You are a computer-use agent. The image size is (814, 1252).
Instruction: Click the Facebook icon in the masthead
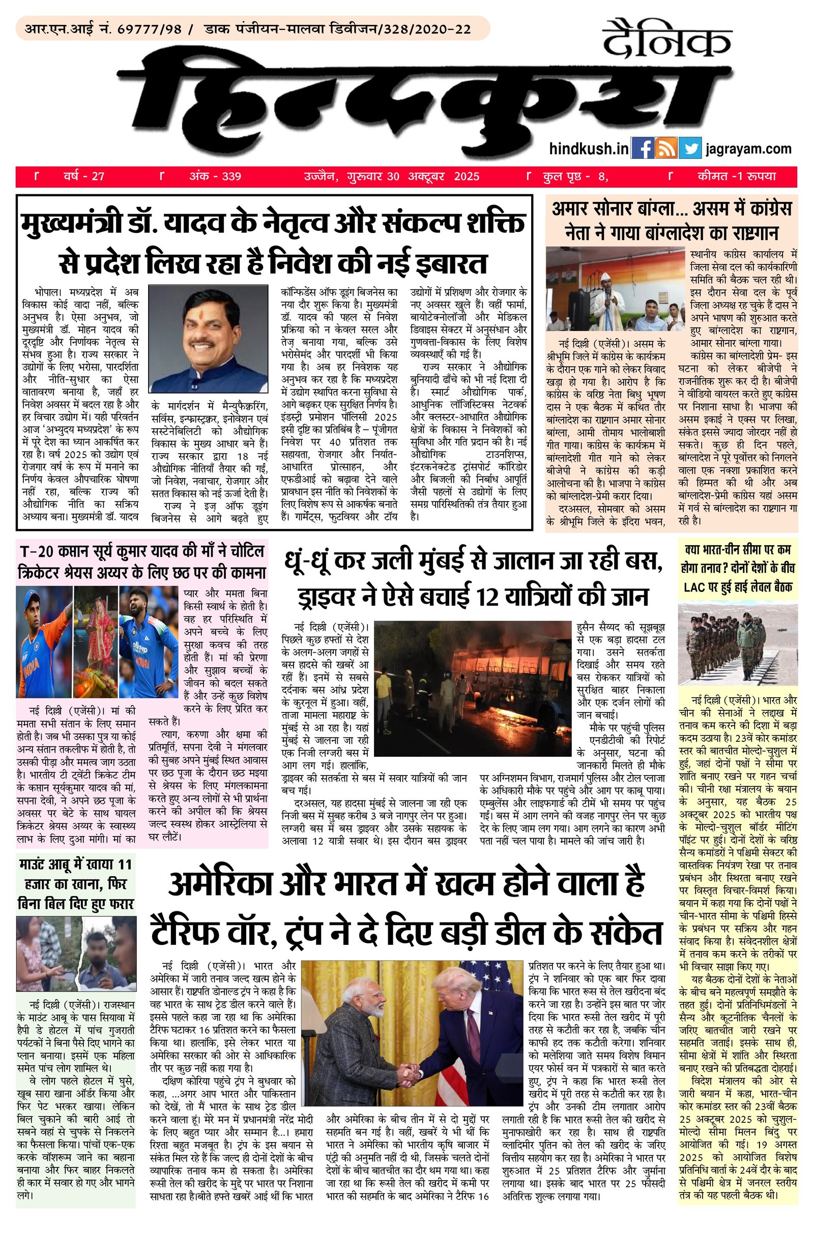coord(642,148)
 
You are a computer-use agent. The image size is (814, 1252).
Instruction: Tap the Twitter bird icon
coord(690,148)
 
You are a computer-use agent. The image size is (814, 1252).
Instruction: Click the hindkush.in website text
coord(588,149)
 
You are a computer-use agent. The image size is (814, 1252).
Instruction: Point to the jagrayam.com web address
coord(749,149)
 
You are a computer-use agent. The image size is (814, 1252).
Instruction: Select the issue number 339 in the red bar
coord(231,176)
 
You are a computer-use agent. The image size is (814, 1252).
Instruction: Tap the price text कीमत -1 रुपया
coord(737,176)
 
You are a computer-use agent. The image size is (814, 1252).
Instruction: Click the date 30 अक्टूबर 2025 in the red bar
coord(433,176)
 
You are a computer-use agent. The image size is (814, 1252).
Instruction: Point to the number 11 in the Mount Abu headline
coord(125,865)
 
